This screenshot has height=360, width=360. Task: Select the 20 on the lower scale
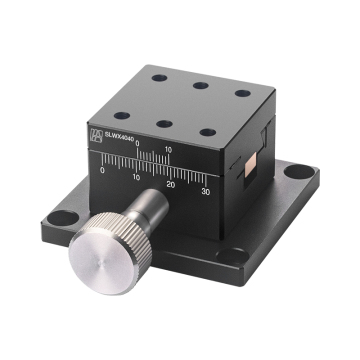coord(170,185)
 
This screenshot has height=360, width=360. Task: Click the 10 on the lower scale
coord(136,178)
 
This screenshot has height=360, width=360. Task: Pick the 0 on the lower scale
coord(103,171)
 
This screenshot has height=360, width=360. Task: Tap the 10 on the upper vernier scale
coord(168,150)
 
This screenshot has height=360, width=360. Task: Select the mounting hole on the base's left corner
coord(58,214)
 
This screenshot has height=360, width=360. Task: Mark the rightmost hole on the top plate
coord(241,94)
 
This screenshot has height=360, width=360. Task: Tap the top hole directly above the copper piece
coord(207,132)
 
